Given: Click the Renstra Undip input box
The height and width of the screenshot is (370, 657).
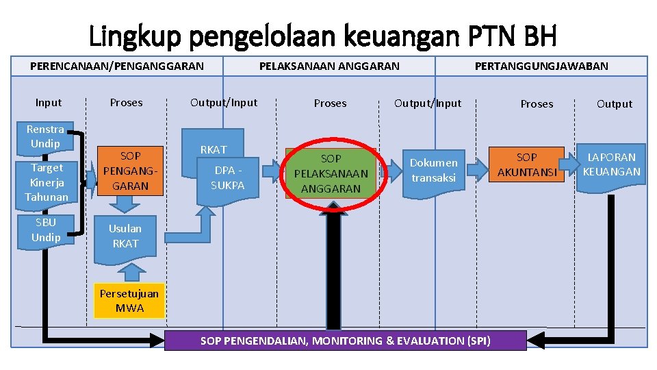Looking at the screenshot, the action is click(x=45, y=136).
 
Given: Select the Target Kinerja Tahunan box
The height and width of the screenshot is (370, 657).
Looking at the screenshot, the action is click(x=47, y=182).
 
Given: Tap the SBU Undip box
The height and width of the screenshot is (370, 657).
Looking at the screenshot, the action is click(x=46, y=230).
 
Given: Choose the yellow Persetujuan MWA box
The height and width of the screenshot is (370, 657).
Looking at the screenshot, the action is click(x=129, y=301).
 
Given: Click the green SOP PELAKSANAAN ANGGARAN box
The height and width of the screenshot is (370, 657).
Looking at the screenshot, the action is click(x=331, y=173).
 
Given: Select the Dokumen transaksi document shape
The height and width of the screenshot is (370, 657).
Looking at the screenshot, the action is click(x=434, y=171).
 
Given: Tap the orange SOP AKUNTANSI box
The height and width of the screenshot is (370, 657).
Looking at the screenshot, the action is click(x=526, y=164).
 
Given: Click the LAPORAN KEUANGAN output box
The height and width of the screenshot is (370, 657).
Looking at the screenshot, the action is click(x=611, y=165).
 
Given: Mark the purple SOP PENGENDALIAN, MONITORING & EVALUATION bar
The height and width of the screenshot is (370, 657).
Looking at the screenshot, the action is click(x=345, y=341).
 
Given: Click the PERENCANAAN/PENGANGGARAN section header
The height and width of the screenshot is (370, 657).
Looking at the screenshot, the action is click(x=117, y=66).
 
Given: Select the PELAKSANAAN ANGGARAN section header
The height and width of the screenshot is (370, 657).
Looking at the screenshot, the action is click(x=329, y=66).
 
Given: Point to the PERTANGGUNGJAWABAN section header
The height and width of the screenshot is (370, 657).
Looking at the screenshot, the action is click(x=541, y=66).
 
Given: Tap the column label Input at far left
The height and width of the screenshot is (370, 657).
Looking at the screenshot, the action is click(x=49, y=103).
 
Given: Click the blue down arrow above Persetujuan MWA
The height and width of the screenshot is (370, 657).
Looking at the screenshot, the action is click(x=129, y=273).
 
